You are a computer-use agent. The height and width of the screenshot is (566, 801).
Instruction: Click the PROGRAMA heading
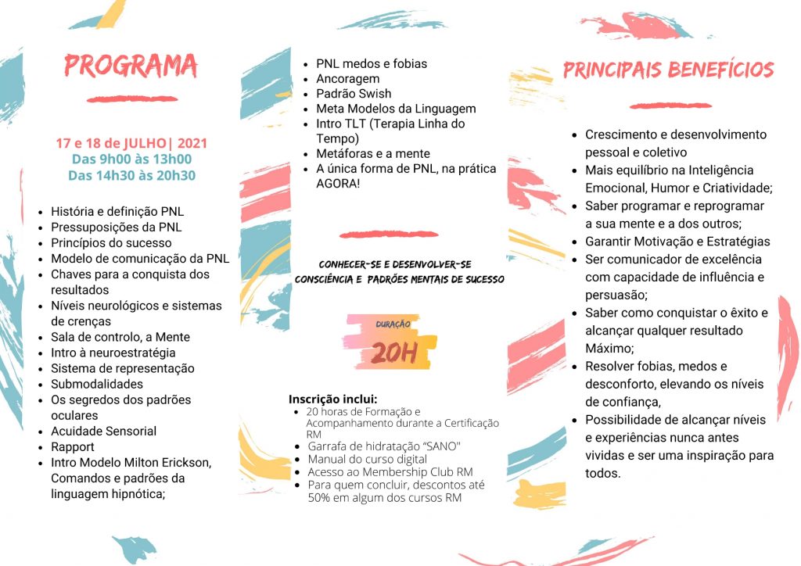(131, 66)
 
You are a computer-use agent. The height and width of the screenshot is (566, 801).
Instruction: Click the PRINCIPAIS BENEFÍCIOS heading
(668, 70)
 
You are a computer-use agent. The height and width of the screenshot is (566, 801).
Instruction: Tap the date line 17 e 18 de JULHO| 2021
(131, 143)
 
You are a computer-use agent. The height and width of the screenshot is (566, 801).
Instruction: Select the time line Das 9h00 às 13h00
(131, 159)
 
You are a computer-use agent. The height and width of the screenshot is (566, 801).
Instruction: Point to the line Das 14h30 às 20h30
(131, 175)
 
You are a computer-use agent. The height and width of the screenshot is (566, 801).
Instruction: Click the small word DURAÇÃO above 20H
(393, 324)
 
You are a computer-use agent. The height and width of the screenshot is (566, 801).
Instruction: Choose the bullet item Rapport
(73, 446)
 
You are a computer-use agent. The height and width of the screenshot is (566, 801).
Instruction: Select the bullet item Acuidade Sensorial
(103, 431)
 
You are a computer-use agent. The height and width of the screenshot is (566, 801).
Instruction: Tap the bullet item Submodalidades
(97, 384)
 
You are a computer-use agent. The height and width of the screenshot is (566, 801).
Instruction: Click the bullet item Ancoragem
(347, 79)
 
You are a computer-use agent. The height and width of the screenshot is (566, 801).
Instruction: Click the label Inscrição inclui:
(333, 398)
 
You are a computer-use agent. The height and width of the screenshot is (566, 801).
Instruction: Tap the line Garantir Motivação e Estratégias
(677, 242)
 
